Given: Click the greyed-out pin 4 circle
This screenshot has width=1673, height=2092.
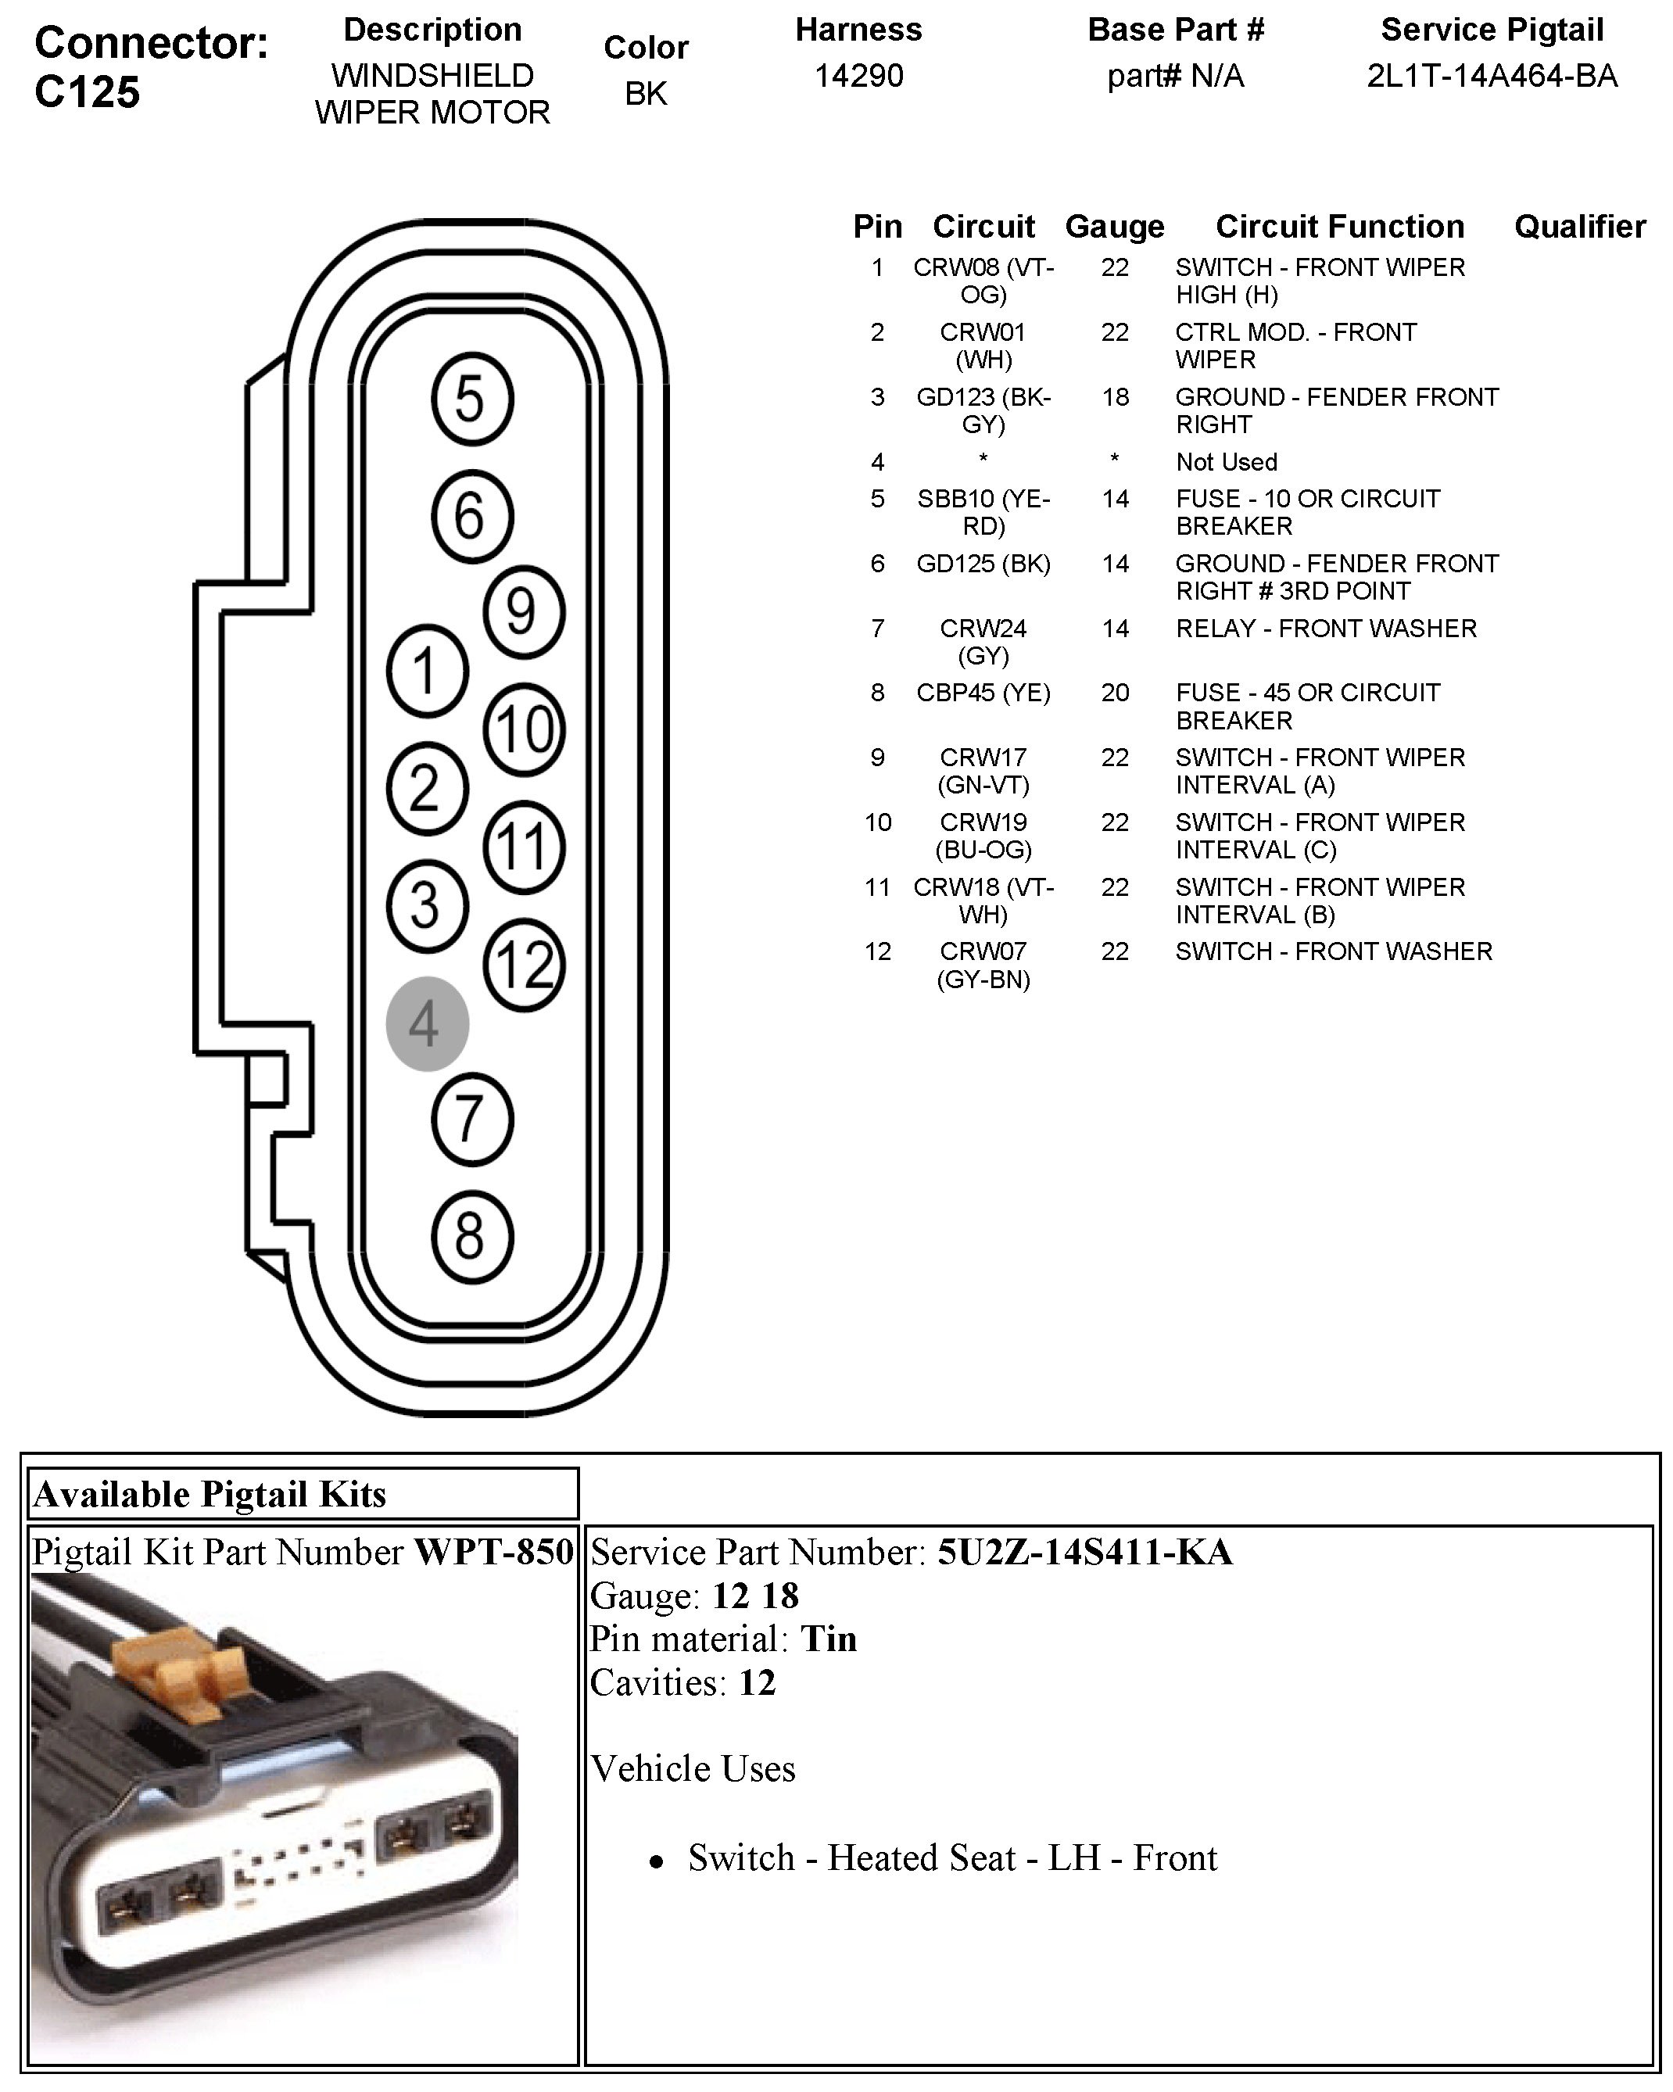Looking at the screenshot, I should [x=427, y=1023].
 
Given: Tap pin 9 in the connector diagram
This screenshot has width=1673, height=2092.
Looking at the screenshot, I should [x=523, y=612].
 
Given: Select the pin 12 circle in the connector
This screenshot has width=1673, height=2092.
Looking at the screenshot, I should [x=523, y=965].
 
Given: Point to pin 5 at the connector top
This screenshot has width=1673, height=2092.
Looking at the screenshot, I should [x=471, y=399].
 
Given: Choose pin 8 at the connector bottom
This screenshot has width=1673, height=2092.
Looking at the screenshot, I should [x=471, y=1238].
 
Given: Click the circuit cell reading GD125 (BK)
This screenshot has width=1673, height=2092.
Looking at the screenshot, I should [x=983, y=564].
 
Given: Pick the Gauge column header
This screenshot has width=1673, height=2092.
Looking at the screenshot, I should [x=1114, y=227].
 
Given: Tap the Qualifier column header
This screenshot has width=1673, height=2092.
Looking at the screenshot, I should [x=1579, y=227].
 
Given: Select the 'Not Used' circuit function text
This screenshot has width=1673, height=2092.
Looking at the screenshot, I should [x=1226, y=462].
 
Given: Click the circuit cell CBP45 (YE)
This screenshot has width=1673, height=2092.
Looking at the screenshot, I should [x=983, y=693].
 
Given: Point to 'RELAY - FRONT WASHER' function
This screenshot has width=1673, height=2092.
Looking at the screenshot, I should [x=1326, y=629].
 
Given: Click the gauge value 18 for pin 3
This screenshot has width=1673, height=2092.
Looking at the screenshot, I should [x=1115, y=397].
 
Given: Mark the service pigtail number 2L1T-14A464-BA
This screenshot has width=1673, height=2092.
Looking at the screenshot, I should [x=1492, y=76].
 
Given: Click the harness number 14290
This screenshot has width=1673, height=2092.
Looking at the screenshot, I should [x=859, y=76].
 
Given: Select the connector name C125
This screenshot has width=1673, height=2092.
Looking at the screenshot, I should [x=88, y=92].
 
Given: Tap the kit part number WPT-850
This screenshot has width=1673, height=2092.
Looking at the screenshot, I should [x=494, y=1552].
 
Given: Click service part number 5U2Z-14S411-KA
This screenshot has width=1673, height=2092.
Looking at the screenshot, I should [x=1084, y=1552].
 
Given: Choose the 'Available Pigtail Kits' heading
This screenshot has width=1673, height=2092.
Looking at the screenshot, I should [x=210, y=1494].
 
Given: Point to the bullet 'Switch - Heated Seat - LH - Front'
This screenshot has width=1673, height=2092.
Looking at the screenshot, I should [x=951, y=1857].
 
